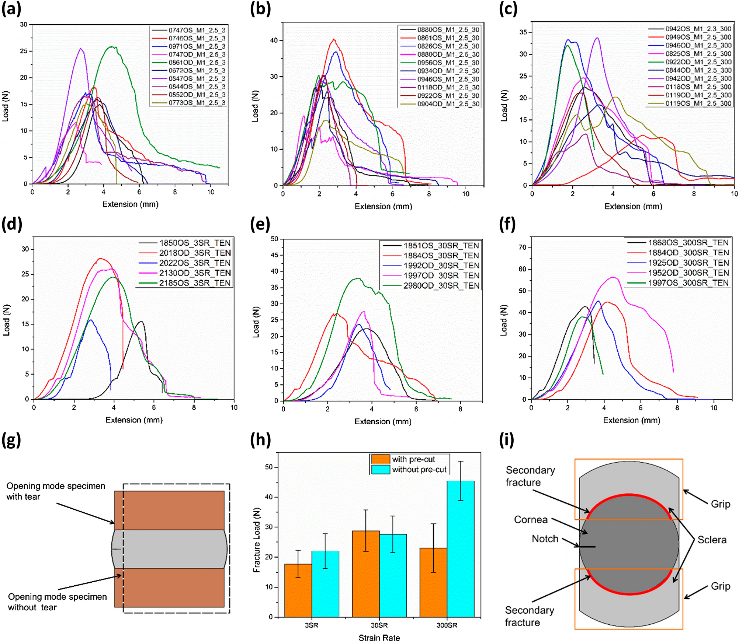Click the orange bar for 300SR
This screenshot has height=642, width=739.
click(x=433, y=582)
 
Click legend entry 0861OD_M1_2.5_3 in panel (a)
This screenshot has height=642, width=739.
click(x=197, y=63)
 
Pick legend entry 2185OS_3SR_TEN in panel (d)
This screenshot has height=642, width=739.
click(x=194, y=283)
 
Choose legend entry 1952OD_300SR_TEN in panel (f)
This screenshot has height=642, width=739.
click(x=688, y=273)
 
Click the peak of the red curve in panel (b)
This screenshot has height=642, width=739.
click(x=334, y=39)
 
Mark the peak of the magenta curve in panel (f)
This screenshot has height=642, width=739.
click(x=613, y=277)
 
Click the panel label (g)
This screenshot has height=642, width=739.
click(x=11, y=440)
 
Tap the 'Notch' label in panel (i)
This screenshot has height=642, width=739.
click(x=545, y=539)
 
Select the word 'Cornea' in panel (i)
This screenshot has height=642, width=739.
click(x=531, y=519)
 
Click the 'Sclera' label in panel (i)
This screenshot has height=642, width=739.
click(x=711, y=540)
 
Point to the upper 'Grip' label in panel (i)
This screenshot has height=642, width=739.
click(x=720, y=504)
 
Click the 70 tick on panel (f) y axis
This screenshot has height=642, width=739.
click(x=523, y=248)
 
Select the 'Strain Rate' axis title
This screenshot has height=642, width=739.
click(x=379, y=638)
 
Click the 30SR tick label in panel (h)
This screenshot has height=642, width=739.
click(x=379, y=625)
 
